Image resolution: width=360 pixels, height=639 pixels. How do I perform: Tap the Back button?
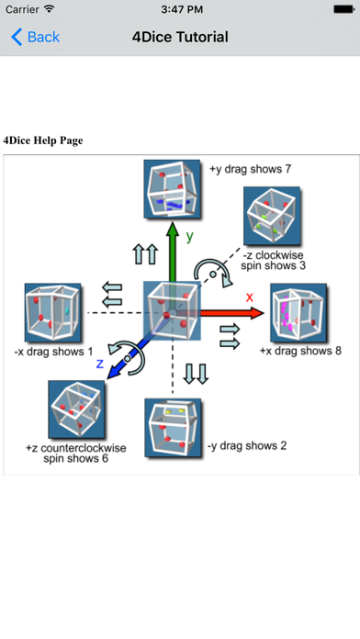35,37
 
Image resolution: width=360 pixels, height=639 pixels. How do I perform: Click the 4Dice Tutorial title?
180,37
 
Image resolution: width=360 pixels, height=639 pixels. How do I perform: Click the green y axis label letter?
189,236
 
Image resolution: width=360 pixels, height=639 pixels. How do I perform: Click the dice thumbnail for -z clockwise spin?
270,214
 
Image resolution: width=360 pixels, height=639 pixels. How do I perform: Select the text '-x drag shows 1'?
53,351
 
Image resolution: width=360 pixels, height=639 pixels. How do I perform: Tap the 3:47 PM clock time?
180,9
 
